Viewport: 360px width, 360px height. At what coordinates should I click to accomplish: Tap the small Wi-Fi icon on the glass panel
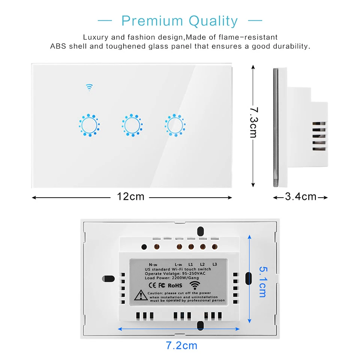(89, 87)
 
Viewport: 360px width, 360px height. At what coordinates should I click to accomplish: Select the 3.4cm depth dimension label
(301, 196)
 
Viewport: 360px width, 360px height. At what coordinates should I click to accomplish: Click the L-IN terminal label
(178, 264)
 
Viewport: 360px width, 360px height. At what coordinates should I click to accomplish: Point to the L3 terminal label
(214, 264)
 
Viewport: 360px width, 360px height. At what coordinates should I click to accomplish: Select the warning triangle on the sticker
(140, 295)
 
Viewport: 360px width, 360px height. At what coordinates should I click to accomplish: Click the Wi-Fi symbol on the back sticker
(196, 285)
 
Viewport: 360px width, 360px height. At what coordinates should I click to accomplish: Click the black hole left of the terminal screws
(144, 247)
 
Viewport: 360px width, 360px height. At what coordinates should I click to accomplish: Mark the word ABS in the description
(58, 47)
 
